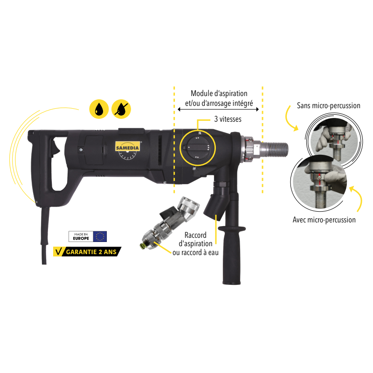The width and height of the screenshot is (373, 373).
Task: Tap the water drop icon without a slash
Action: click(x=98, y=110)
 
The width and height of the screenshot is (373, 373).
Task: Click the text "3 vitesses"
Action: click(x=228, y=119)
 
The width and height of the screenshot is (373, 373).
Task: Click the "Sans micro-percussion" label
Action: click(x=329, y=106)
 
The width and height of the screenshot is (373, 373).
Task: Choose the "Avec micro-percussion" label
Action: click(x=324, y=220)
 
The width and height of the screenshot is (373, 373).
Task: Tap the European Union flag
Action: click(x=100, y=236)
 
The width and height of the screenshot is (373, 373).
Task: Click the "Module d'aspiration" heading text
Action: click(x=219, y=93)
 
